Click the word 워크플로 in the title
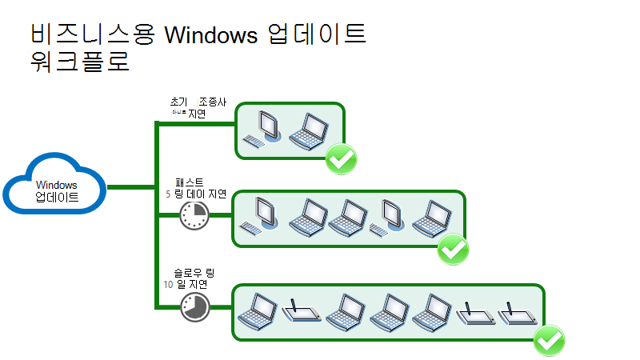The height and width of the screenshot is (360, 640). tap(79, 61)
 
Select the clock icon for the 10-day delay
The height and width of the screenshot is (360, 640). tap(194, 306)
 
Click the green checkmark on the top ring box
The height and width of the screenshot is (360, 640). tap(342, 159)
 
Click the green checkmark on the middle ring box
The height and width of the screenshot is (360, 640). tap(454, 250)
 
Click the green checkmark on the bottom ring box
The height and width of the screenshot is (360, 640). tap(550, 342)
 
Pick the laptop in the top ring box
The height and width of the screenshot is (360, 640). tap(308, 130)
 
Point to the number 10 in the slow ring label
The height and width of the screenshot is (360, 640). tap(168, 284)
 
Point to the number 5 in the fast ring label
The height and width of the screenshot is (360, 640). tap(167, 193)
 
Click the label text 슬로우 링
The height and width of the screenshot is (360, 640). tap(194, 273)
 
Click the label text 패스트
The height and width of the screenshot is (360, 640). tap(189, 182)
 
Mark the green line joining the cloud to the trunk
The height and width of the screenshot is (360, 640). tap(130, 188)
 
